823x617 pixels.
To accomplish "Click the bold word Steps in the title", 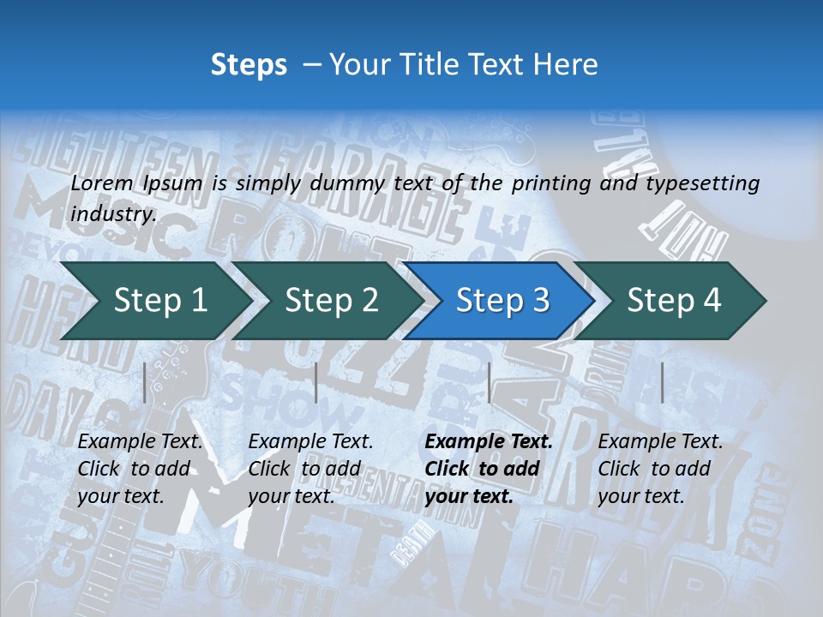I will click(x=249, y=65).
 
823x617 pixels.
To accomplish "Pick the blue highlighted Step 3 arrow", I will click(x=502, y=300).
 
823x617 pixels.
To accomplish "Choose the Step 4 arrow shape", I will click(x=674, y=300).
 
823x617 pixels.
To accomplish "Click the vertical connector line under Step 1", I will click(x=145, y=382).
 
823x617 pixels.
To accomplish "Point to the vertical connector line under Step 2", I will click(x=316, y=382).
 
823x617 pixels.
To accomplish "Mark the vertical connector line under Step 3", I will click(x=489, y=382).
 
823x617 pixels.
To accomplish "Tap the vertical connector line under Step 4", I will click(x=662, y=382).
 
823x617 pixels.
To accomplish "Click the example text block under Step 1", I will click(x=140, y=469).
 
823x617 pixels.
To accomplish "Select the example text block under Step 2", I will click(x=310, y=469).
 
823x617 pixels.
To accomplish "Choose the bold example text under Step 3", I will click(x=489, y=469).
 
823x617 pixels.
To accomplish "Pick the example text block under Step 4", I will click(x=660, y=469).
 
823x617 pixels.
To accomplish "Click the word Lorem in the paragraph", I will click(x=102, y=183).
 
